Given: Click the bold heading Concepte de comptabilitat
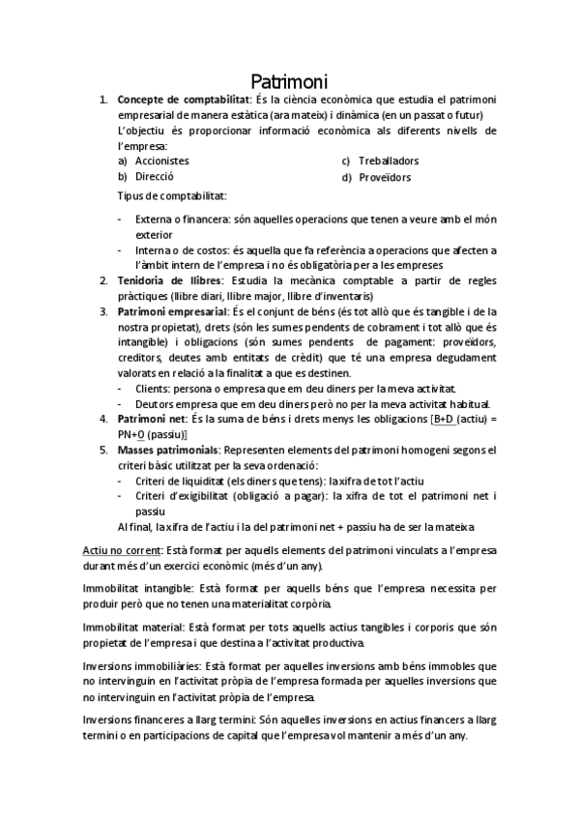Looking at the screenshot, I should [x=183, y=100].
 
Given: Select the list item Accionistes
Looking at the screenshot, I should [x=162, y=161].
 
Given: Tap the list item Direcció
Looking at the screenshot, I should [x=155, y=177].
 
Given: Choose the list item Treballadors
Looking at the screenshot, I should [x=388, y=161].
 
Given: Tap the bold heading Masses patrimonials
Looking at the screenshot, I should [x=167, y=450].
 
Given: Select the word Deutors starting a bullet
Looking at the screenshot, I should [x=156, y=403].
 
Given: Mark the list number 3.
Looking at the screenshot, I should [x=103, y=312].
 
